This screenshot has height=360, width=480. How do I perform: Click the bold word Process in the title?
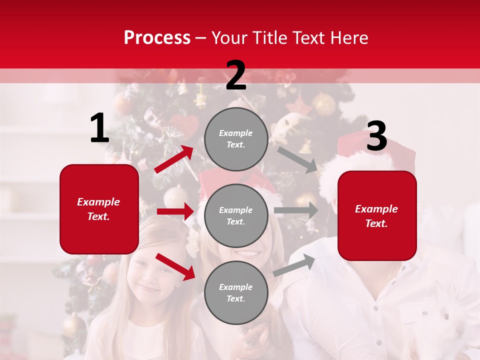point(157,37)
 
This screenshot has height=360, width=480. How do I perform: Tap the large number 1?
point(99,128)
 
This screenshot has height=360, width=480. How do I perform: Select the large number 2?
point(236,75)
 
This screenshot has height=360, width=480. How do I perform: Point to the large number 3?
point(376,136)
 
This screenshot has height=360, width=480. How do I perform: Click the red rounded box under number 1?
point(99,209)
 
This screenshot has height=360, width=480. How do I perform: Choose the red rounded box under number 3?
point(377,215)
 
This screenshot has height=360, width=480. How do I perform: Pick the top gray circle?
point(236,138)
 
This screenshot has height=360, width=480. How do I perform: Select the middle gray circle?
point(236,215)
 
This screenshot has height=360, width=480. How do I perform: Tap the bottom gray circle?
point(236,292)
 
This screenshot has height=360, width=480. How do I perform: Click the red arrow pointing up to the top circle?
point(174,159)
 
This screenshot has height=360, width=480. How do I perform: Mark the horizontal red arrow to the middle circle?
point(175,211)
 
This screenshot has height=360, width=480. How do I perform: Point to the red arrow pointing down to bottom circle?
point(175,266)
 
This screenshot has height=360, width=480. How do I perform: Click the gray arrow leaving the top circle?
point(297,159)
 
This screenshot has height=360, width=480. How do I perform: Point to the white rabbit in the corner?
point(452,320)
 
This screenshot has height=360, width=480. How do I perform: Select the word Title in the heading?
point(270,37)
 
